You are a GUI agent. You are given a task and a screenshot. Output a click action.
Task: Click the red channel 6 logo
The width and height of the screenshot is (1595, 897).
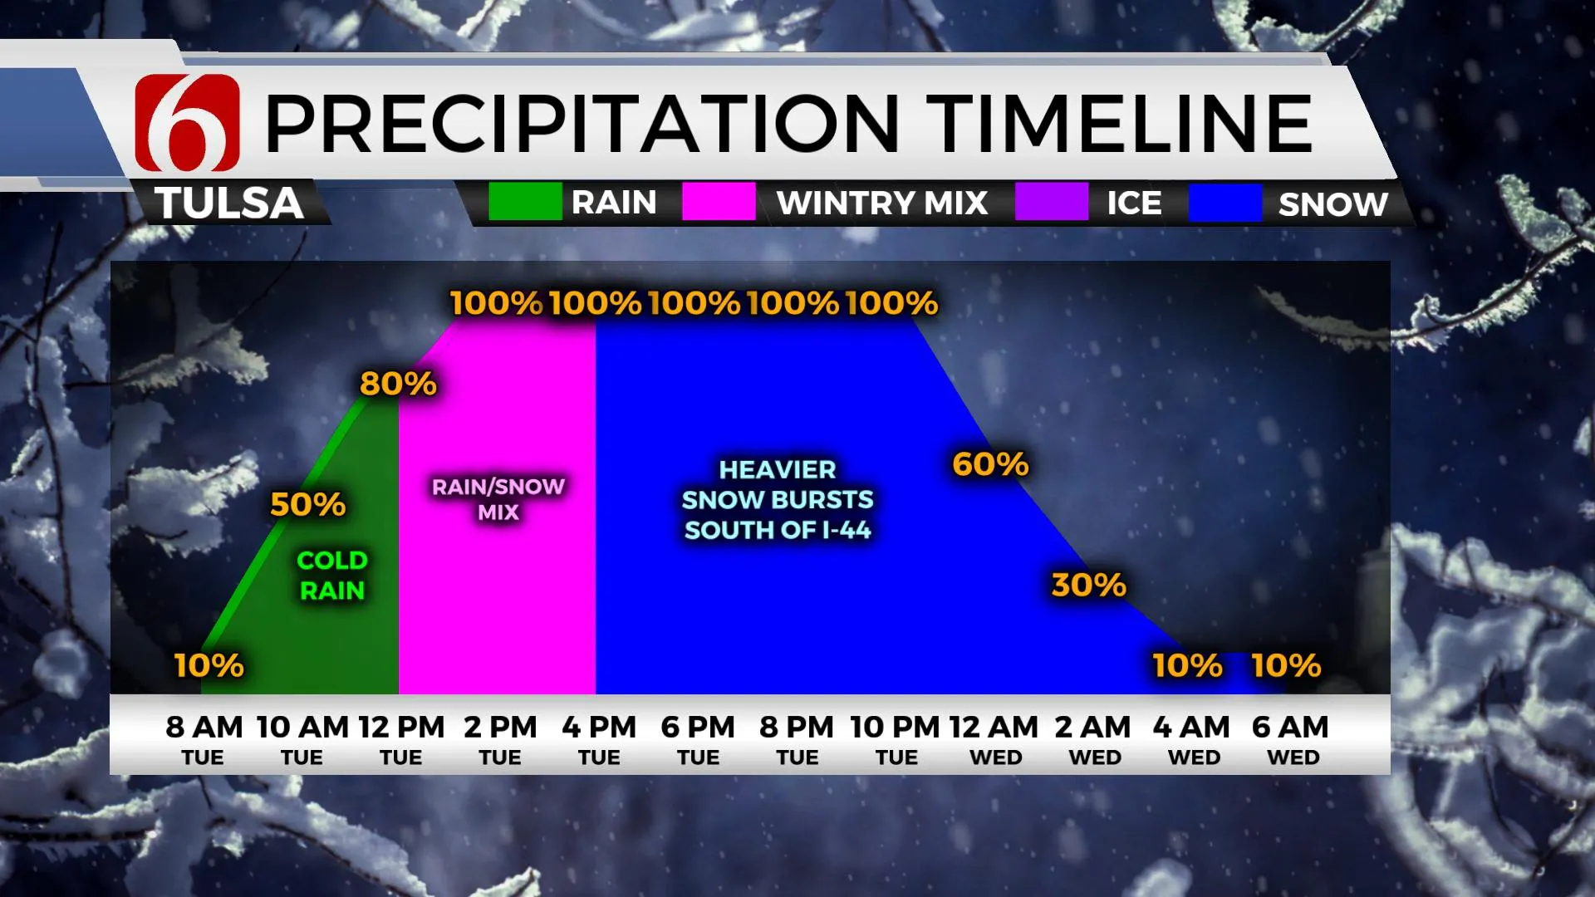[x=188, y=123]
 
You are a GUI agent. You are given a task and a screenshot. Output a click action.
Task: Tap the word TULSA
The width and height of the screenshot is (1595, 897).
[x=229, y=203]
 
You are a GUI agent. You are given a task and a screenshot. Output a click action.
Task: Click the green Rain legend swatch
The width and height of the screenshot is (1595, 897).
[x=525, y=202]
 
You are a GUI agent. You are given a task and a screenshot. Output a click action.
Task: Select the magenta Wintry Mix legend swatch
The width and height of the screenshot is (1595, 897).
[x=719, y=202]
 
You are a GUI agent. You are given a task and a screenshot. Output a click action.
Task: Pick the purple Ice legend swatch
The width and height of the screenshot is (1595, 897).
[x=1052, y=202]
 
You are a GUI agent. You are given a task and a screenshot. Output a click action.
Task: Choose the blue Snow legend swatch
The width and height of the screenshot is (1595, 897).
[x=1225, y=202]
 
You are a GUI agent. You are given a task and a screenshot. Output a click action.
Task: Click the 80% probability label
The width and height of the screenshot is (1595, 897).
[x=398, y=384]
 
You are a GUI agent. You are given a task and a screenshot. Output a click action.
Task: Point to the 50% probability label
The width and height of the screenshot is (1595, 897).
[x=308, y=504]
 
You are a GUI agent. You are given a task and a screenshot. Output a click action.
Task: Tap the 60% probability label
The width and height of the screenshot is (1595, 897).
[x=991, y=464]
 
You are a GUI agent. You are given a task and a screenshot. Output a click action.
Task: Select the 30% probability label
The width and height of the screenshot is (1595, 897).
[x=1089, y=585]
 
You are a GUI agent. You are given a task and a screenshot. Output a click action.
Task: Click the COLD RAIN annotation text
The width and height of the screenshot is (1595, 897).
[x=332, y=576]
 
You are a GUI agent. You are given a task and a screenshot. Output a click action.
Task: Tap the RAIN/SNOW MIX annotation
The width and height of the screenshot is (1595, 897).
[x=498, y=499]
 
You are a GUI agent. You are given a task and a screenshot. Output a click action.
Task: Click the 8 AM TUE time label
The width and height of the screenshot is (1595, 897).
[x=204, y=739]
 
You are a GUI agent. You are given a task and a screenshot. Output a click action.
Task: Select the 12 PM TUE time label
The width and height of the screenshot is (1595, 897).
[x=402, y=739]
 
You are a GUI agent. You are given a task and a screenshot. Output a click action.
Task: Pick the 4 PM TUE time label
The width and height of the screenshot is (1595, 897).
[x=599, y=739]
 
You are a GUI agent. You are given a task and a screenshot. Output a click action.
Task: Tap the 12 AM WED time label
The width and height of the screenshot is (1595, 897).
[x=994, y=739]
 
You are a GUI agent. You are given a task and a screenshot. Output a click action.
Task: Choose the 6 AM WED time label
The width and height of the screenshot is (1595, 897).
[x=1291, y=739]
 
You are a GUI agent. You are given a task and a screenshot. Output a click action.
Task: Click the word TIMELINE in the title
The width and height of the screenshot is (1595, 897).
[x=1119, y=123]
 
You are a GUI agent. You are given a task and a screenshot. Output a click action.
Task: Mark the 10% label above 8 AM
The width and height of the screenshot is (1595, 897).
[x=209, y=665]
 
